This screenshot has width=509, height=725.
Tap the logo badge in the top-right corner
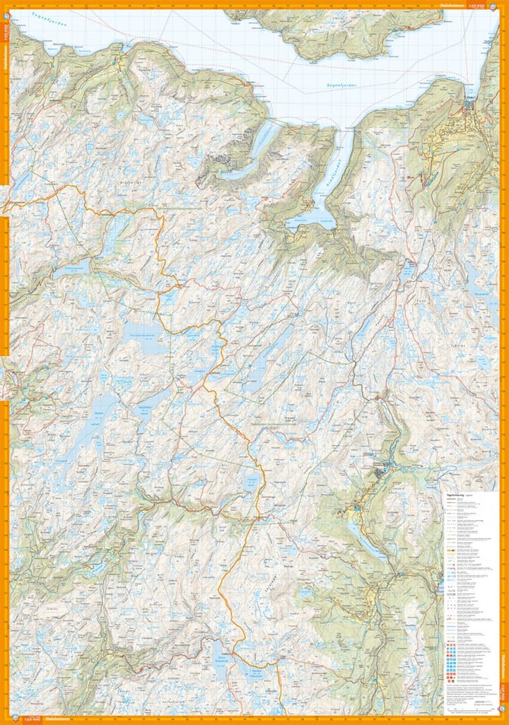501,5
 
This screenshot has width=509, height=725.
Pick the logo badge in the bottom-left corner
8,719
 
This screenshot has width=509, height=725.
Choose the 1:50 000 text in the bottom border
30,719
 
